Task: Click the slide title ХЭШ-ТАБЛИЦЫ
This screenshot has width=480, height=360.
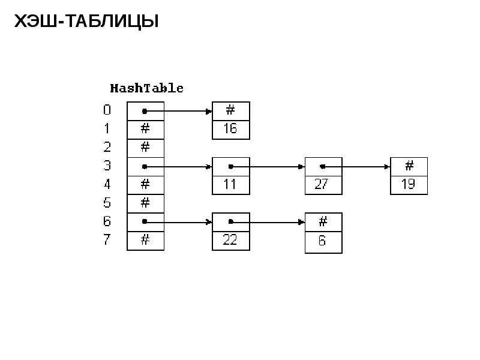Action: pyautogui.click(x=86, y=22)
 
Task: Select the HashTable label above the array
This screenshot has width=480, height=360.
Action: pyautogui.click(x=146, y=88)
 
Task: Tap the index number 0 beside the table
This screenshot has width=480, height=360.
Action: pyautogui.click(x=107, y=110)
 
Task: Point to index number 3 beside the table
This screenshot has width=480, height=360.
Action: pyautogui.click(x=107, y=166)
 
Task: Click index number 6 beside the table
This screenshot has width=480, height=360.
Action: pyautogui.click(x=107, y=221)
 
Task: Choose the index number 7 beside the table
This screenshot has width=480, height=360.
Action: pyautogui.click(x=107, y=239)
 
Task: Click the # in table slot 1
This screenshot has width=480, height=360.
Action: pyautogui.click(x=145, y=128)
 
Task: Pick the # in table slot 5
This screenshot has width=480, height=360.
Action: pyautogui.click(x=145, y=203)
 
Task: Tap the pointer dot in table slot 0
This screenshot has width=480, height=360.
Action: pyautogui.click(x=145, y=112)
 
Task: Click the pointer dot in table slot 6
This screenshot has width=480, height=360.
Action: pyautogui.click(x=145, y=221)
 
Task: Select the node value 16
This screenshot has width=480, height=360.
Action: pyautogui.click(x=230, y=128)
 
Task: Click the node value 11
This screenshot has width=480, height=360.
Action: pyautogui.click(x=230, y=184)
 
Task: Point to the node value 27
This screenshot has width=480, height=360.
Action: pyautogui.click(x=322, y=184)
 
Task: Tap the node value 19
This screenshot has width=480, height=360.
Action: pyautogui.click(x=409, y=184)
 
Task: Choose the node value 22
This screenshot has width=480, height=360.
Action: pyautogui.click(x=230, y=239)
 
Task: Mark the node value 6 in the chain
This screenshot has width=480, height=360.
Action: pyautogui.click(x=322, y=241)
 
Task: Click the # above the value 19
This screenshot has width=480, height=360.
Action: pyautogui.click(x=409, y=166)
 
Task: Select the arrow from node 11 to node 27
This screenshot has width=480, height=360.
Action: pyautogui.click(x=268, y=167)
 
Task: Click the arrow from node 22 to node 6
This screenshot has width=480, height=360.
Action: pyautogui.click(x=268, y=222)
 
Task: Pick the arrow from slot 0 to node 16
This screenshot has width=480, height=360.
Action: pyautogui.click(x=177, y=112)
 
